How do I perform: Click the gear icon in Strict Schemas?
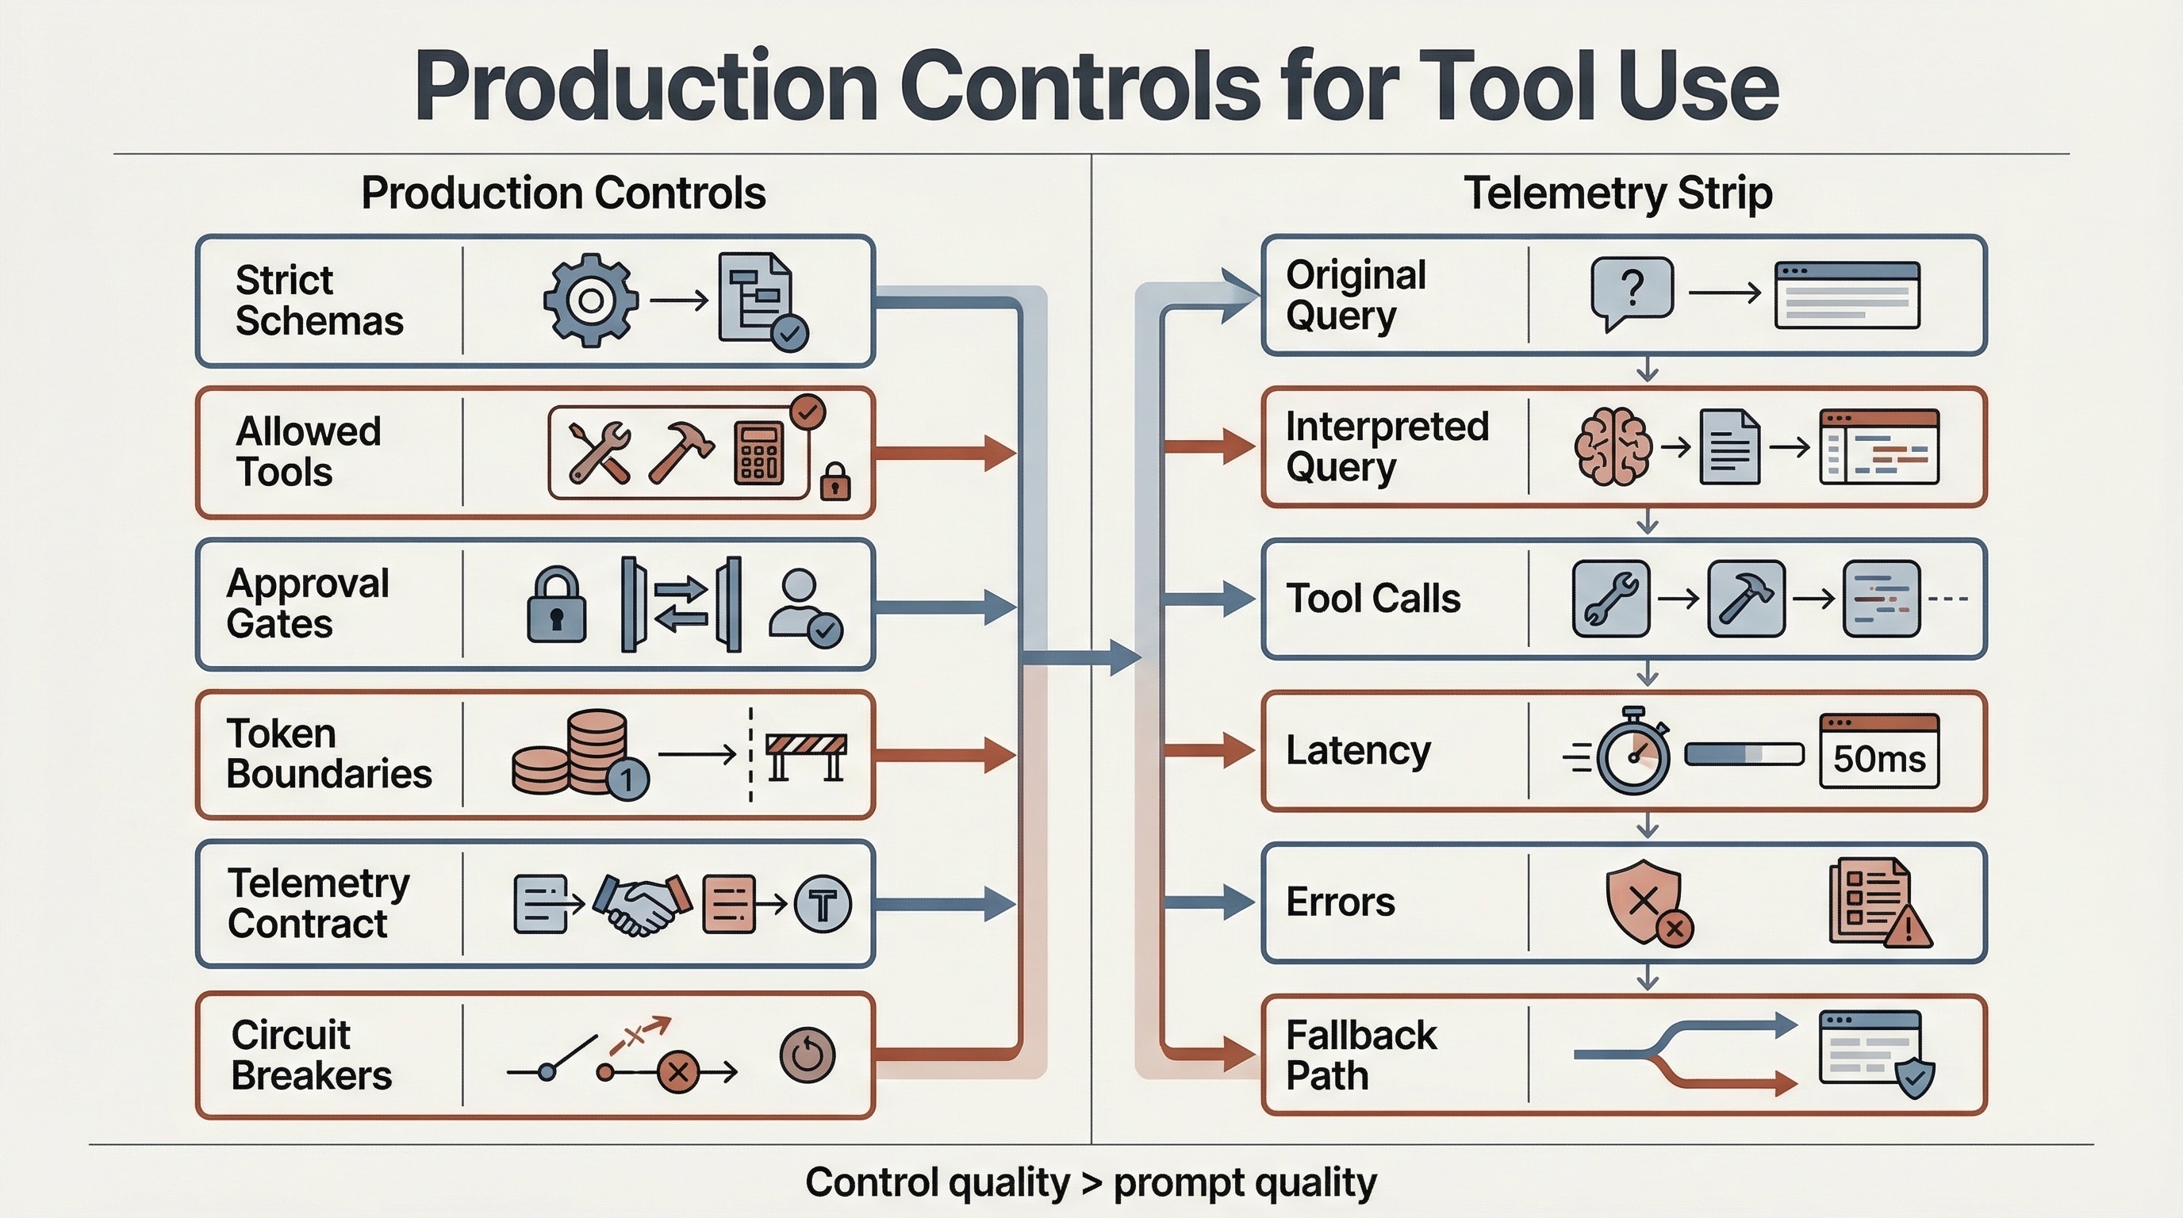click(591, 300)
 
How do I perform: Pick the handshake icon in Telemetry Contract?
click(642, 904)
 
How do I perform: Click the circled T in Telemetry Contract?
click(822, 905)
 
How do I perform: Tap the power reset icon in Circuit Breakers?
click(807, 1055)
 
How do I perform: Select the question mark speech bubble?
click(1632, 290)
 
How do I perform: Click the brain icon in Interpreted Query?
click(1612, 446)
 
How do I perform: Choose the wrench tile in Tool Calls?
click(1610, 598)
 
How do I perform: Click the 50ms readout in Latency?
click(1878, 758)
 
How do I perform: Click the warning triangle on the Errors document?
click(1908, 929)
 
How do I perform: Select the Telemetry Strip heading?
click(1617, 193)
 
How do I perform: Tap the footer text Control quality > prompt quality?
click(1091, 1182)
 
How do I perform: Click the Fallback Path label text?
click(1360, 1055)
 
